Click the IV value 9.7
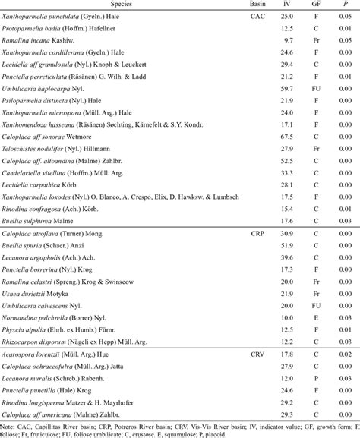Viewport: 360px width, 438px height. [289, 36]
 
